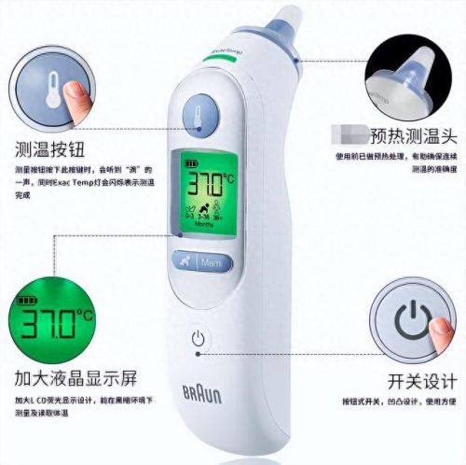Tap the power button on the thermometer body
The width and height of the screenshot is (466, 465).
point(198,339)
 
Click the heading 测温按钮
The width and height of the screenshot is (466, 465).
point(48,147)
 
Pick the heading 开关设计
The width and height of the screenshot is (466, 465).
point(422,381)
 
